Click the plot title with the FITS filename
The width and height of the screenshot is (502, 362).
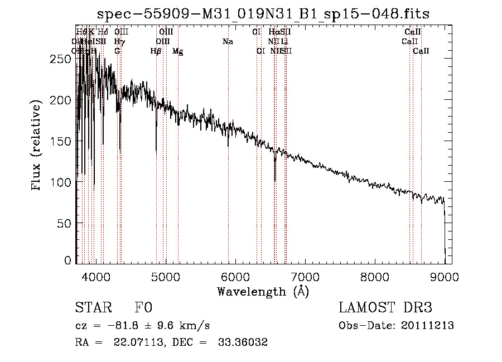(x=263, y=13)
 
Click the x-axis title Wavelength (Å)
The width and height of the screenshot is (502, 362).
(x=263, y=291)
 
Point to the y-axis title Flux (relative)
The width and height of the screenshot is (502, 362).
(x=37, y=146)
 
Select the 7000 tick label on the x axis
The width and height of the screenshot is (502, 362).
(x=305, y=276)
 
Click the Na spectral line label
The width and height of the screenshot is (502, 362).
(x=228, y=41)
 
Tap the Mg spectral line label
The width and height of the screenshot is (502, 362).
(x=177, y=51)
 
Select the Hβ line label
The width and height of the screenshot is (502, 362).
(x=156, y=51)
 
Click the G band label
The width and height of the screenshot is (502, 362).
(x=117, y=51)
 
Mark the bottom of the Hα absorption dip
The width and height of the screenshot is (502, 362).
(x=275, y=180)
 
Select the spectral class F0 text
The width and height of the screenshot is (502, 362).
(x=143, y=308)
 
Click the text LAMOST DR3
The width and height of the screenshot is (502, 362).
(x=385, y=308)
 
